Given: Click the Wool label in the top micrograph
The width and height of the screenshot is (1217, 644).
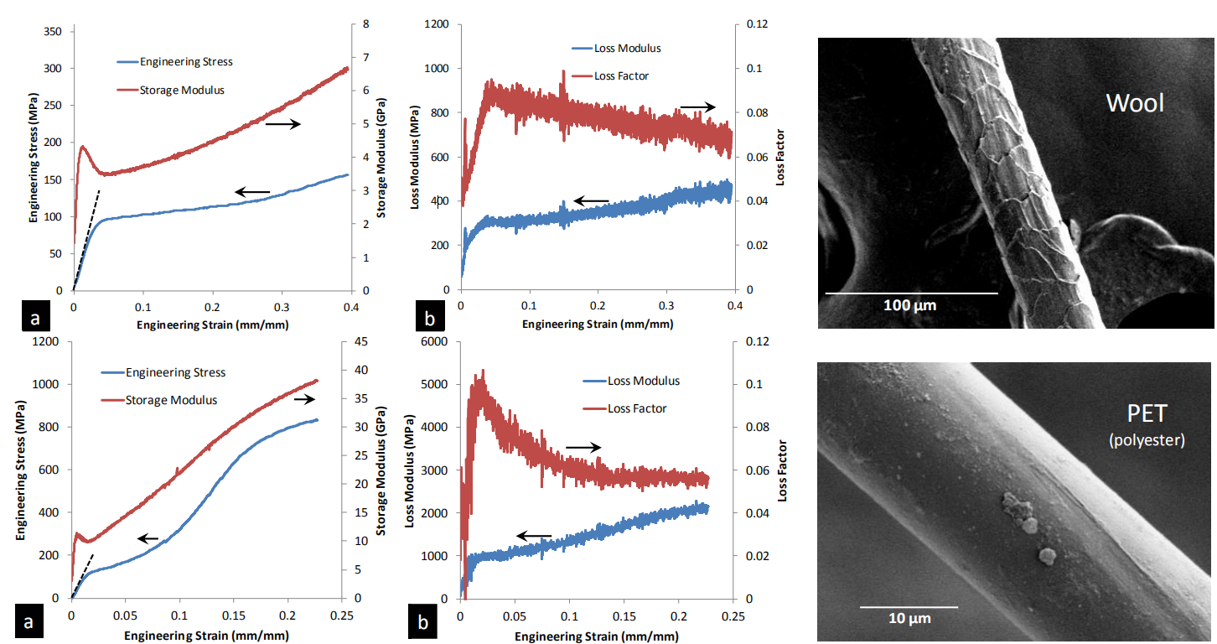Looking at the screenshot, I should click(x=1135, y=103).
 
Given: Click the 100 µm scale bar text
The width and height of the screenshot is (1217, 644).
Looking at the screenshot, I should click(x=909, y=305).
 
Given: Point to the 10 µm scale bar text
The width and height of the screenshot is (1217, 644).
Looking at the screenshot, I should click(x=909, y=618).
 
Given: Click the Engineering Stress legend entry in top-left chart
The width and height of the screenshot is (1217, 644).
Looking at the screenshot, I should click(x=186, y=61).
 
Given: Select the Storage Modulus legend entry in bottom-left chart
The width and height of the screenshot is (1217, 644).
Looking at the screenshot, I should click(x=171, y=400).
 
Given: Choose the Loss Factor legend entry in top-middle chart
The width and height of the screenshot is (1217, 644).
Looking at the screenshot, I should click(x=621, y=76).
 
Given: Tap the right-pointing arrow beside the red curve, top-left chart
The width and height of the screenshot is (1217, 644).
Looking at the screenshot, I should click(x=283, y=124).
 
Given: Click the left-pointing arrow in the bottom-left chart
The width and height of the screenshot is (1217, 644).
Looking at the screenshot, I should click(x=148, y=539).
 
